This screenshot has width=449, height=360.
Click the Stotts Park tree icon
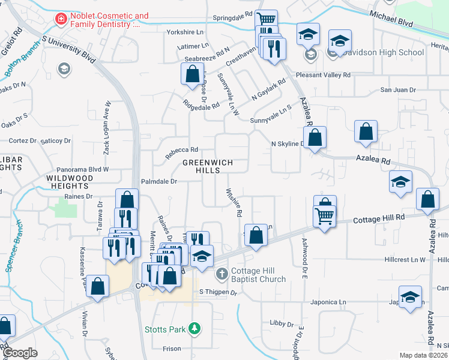pyautogui.click(x=194, y=329)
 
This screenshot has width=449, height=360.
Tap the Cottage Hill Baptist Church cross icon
pyautogui.click(x=221, y=274)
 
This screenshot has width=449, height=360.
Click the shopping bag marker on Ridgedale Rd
pyautogui.click(x=192, y=75)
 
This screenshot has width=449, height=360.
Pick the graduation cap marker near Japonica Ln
pyautogui.click(x=410, y=298)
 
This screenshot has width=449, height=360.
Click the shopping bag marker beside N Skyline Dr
pyautogui.click(x=315, y=138)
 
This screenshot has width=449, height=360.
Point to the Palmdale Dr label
pyautogui.click(x=159, y=181)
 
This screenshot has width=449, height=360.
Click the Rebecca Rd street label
pyautogui.click(x=182, y=150)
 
